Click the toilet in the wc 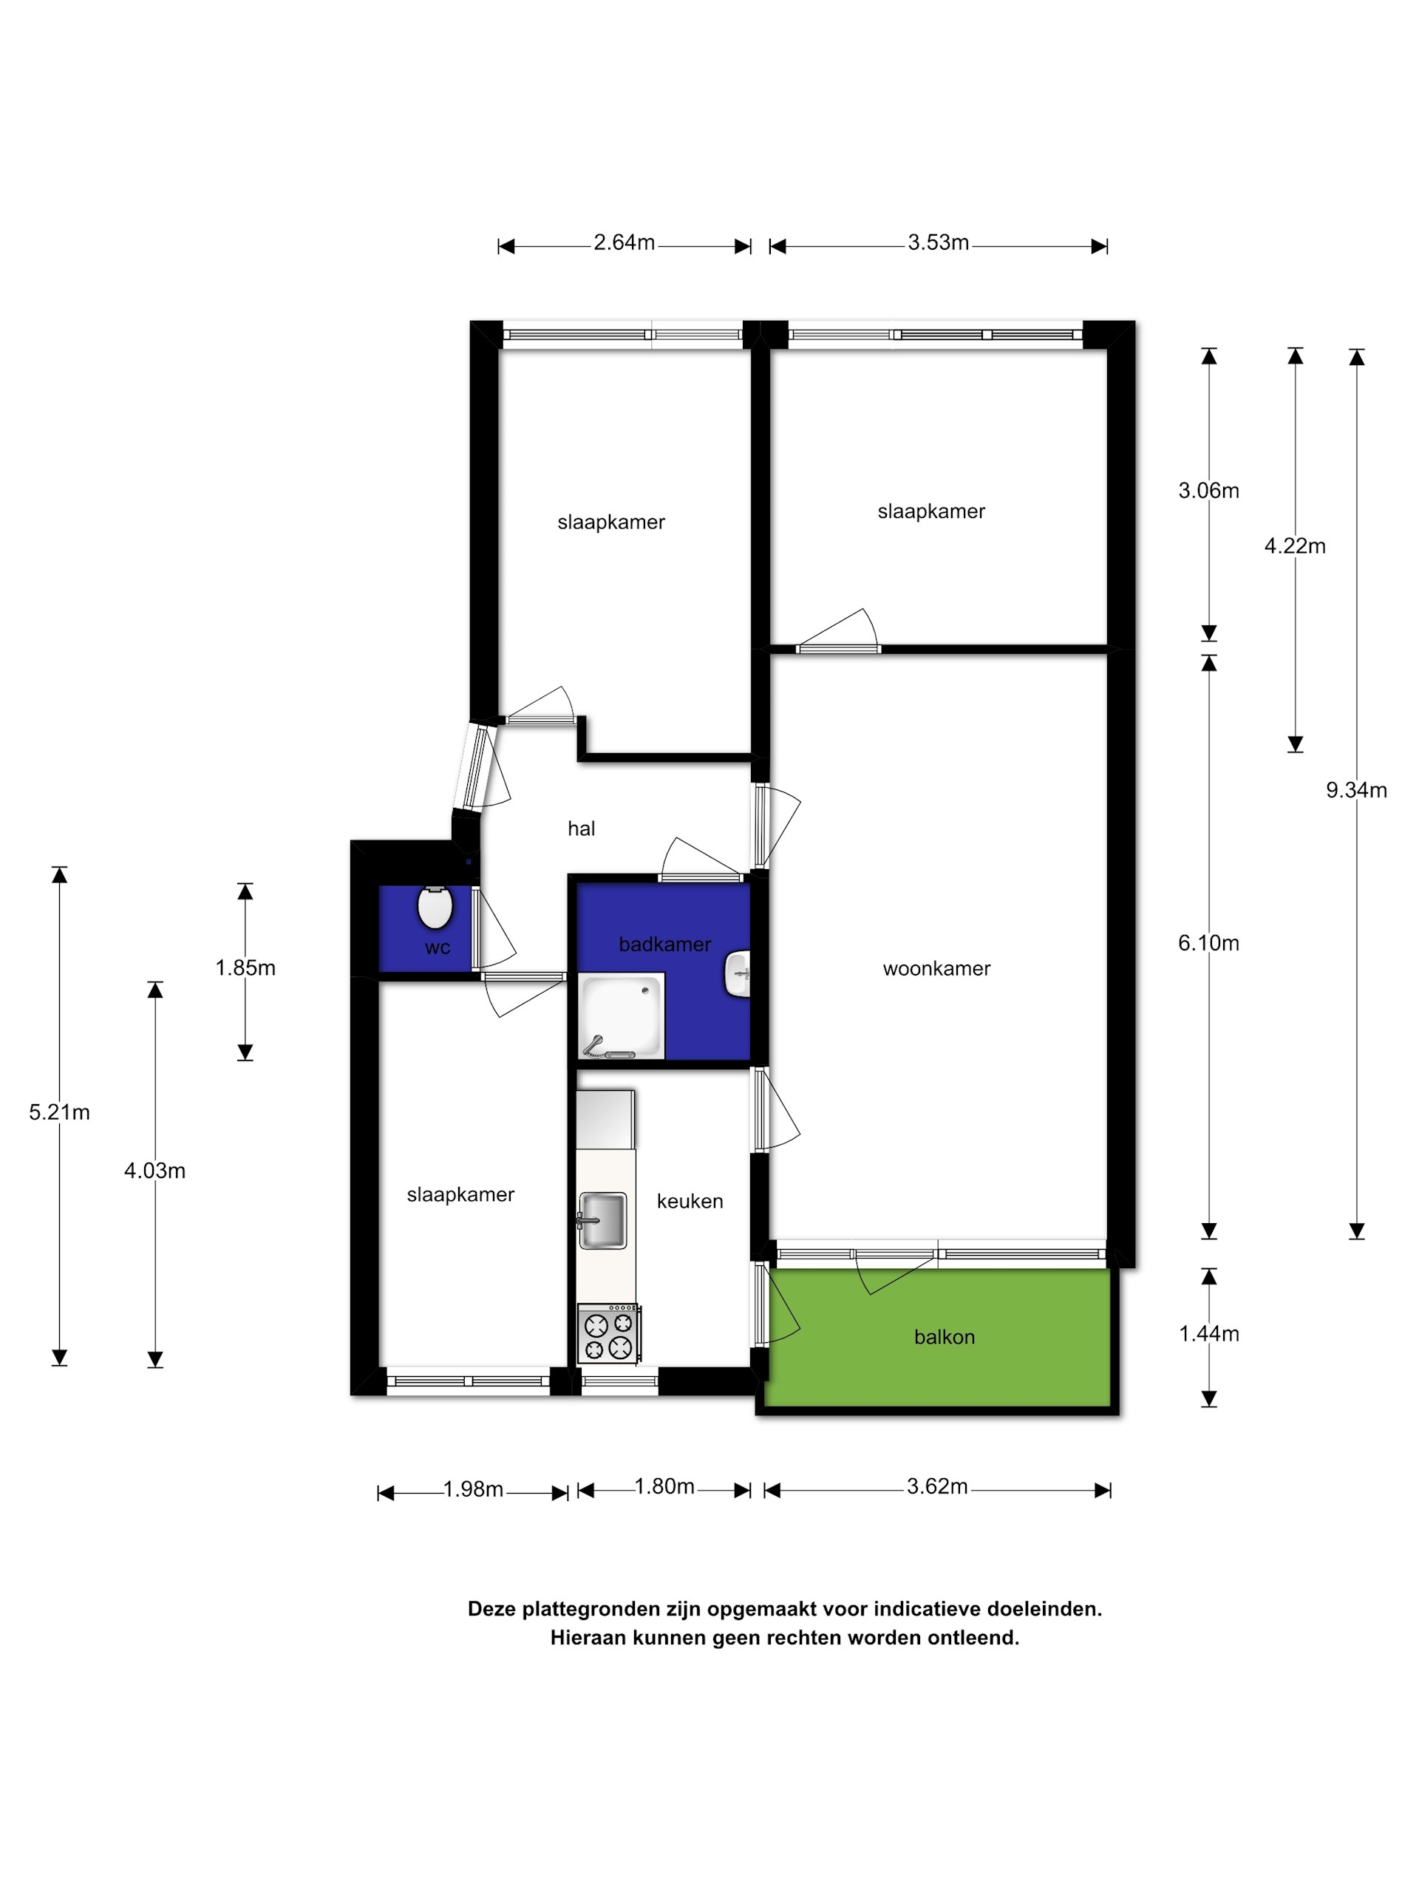(x=435, y=908)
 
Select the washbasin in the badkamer (x=738, y=973)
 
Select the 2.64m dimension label (x=625, y=243)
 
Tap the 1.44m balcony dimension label (x=1208, y=1333)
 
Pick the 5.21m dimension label (x=59, y=1112)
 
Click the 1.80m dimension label (x=664, y=1486)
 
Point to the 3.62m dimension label (x=937, y=1486)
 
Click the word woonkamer (x=936, y=969)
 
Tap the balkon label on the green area (x=945, y=1337)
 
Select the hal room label (x=582, y=828)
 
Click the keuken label (x=690, y=1201)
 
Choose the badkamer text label (x=664, y=945)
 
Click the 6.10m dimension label (x=1208, y=942)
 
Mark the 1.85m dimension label (x=245, y=967)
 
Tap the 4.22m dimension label (x=1295, y=545)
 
